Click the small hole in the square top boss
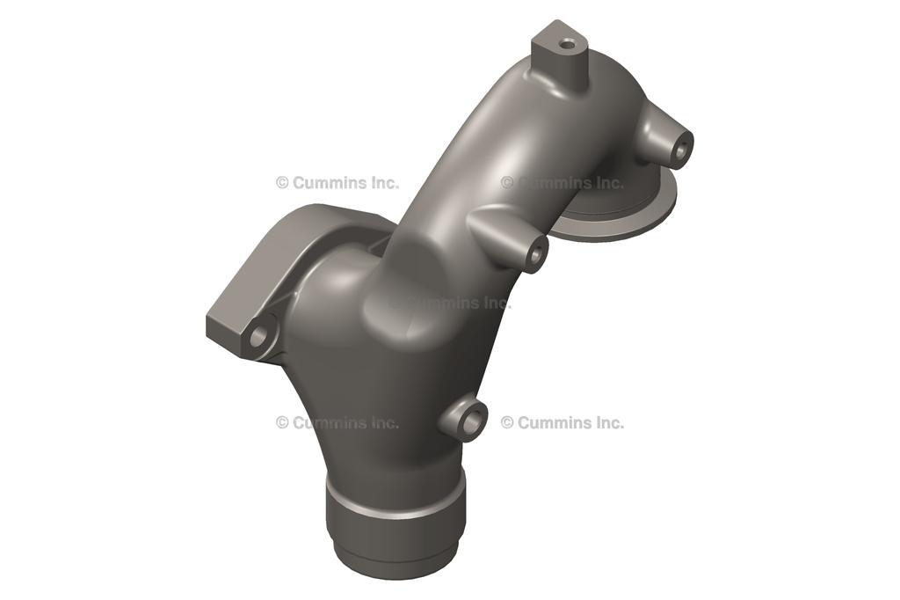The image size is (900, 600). pyautogui.click(x=568, y=42)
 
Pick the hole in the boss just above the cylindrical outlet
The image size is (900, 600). pyautogui.click(x=471, y=421)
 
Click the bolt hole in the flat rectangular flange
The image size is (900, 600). pyautogui.click(x=258, y=335)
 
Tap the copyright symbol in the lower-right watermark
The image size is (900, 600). pyautogui.click(x=507, y=422)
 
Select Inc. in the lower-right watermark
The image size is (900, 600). pyautogui.click(x=608, y=422)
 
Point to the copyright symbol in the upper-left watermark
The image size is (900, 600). pyautogui.click(x=282, y=183)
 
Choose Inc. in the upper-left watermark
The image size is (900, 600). pyautogui.click(x=383, y=183)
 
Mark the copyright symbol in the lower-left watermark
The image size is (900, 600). pyautogui.click(x=282, y=422)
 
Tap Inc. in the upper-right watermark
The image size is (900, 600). pyautogui.click(x=608, y=183)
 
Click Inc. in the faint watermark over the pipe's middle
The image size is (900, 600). pyautogui.click(x=496, y=303)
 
